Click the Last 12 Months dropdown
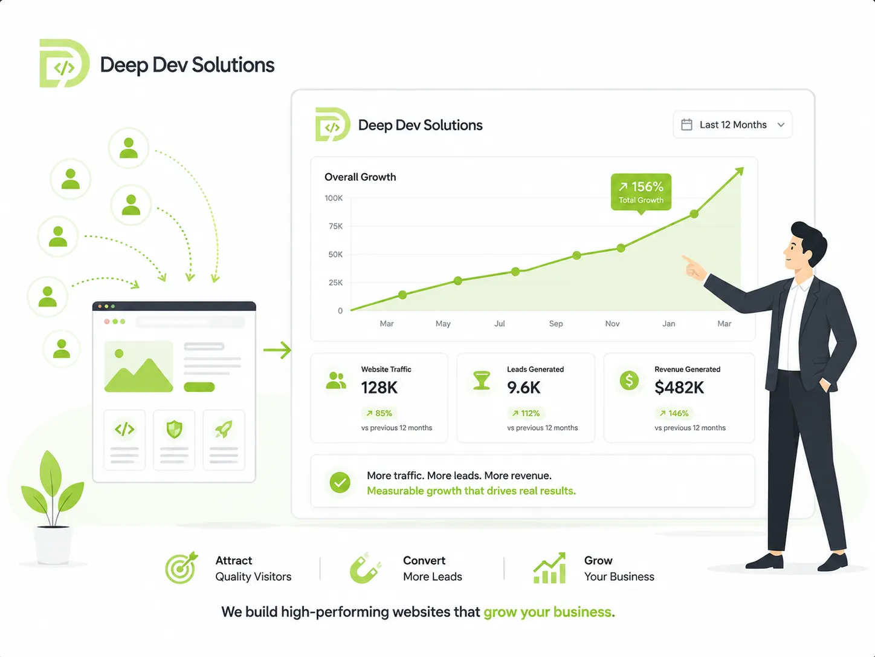(x=732, y=125)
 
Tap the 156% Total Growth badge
(x=641, y=192)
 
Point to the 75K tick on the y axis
(x=335, y=226)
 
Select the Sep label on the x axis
(x=556, y=324)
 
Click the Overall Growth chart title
(x=360, y=177)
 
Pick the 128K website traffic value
(x=379, y=387)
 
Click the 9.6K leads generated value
(x=523, y=387)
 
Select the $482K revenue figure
(x=679, y=387)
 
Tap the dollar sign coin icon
(x=629, y=380)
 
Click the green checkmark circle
(x=340, y=482)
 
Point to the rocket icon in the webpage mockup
(x=224, y=429)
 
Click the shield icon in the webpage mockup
(x=174, y=429)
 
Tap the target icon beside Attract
(x=181, y=568)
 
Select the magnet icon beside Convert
(x=365, y=568)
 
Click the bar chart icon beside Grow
(x=549, y=568)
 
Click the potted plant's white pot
(x=53, y=544)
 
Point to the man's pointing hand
(x=694, y=267)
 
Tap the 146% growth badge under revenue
(x=674, y=413)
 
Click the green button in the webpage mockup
(x=199, y=387)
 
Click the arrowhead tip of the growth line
(x=743, y=168)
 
